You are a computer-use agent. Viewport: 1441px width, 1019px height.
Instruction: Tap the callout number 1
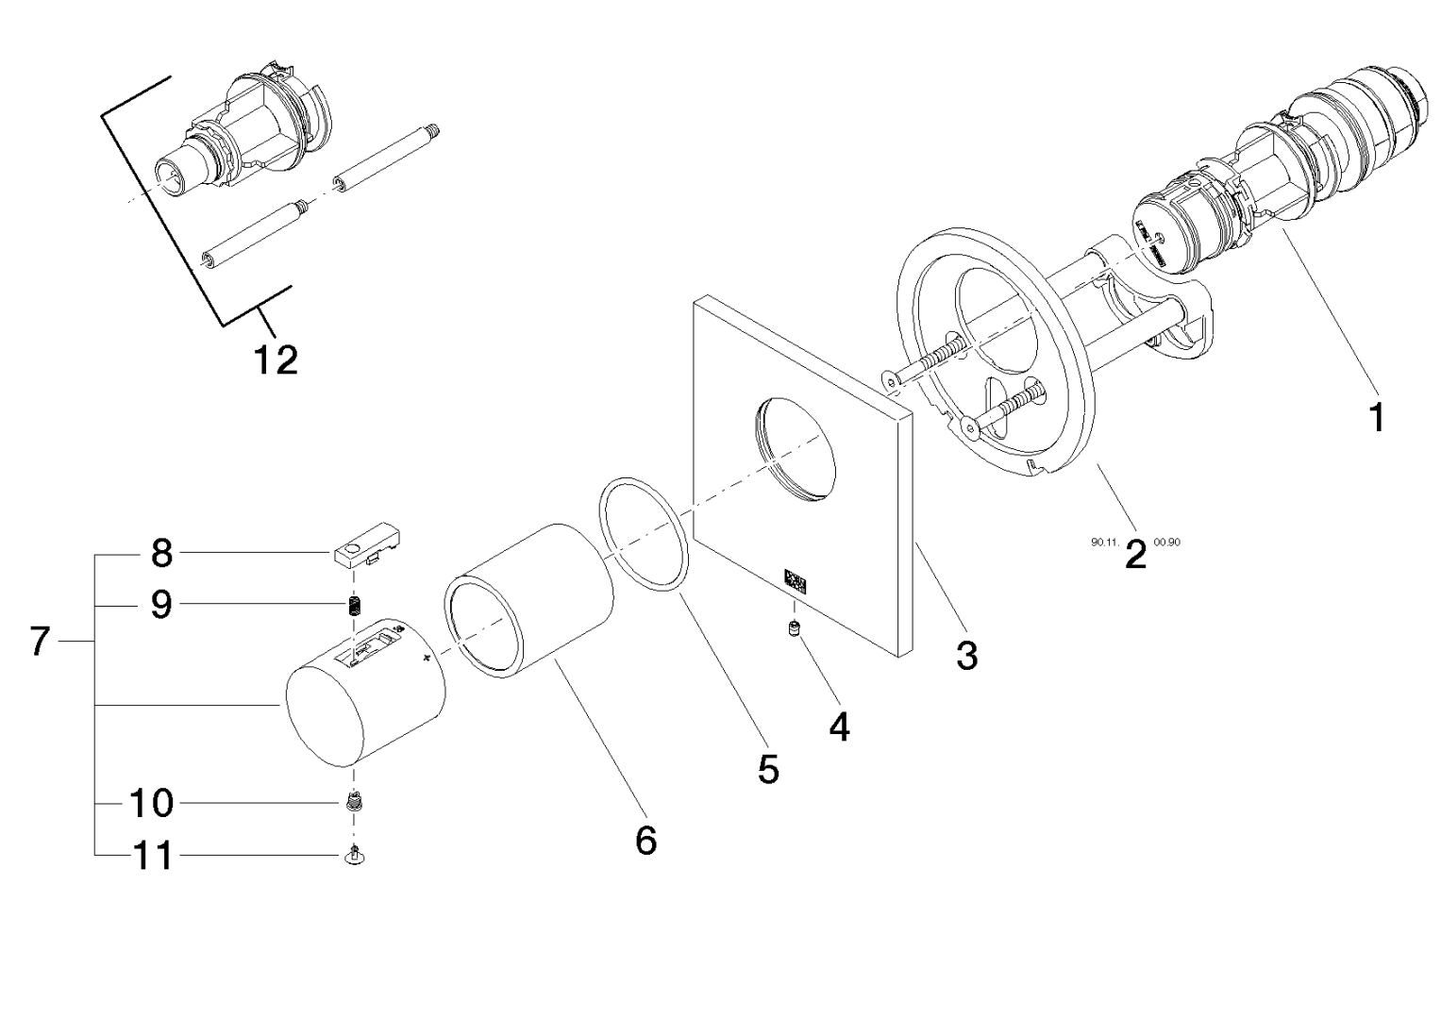[x=1377, y=415]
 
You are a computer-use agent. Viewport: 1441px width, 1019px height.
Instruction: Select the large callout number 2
[x=1135, y=555]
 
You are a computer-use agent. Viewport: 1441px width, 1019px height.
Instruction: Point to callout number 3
[x=966, y=655]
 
